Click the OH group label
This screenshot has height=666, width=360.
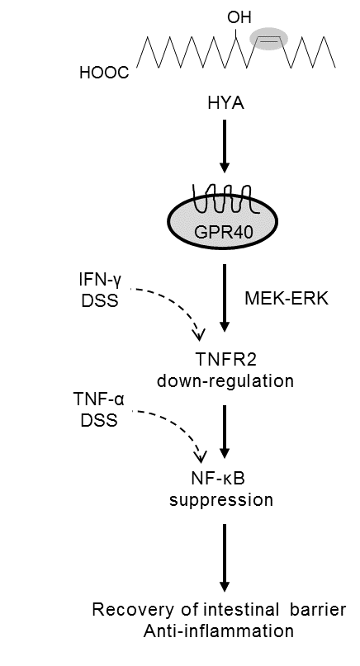239,17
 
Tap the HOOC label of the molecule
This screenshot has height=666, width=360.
104,73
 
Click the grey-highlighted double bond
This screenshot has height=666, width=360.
268,39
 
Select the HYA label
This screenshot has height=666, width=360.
225,104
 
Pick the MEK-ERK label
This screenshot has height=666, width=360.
287,298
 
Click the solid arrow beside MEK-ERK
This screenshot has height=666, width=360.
225,297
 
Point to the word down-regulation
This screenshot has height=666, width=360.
225,380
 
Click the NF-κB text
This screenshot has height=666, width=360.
218,479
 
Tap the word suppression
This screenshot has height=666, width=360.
221,499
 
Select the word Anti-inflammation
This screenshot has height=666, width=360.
219,631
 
